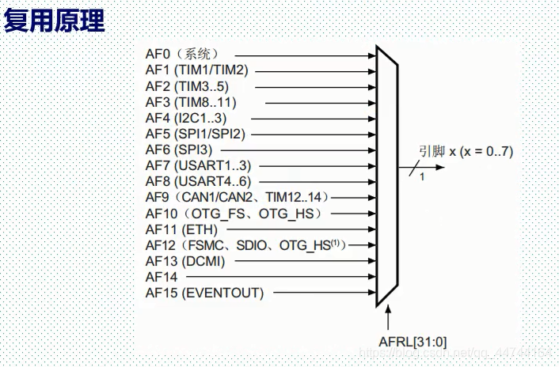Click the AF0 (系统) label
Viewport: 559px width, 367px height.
point(181,54)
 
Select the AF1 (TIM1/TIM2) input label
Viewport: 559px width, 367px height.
point(197,70)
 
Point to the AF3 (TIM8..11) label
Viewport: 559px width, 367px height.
point(191,101)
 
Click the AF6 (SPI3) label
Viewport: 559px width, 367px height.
point(179,149)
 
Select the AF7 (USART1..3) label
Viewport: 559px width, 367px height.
point(198,165)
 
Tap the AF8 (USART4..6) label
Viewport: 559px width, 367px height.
point(198,181)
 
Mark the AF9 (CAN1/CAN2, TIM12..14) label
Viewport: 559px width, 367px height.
point(236,197)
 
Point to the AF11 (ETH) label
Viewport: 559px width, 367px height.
point(181,229)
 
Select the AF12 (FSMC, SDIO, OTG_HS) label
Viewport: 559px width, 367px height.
point(246,245)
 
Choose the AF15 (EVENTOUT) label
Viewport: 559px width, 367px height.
point(204,293)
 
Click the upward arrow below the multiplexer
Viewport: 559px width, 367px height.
point(389,319)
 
